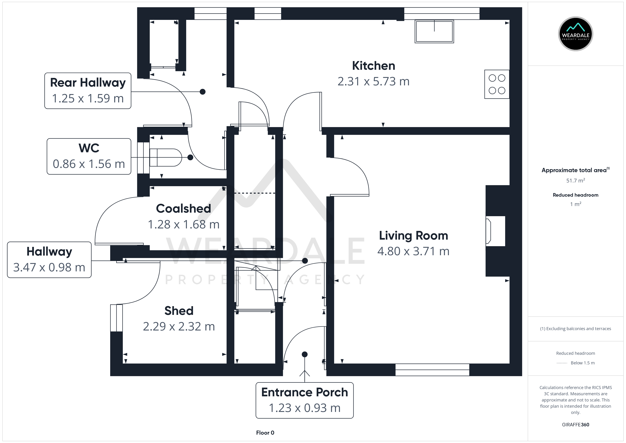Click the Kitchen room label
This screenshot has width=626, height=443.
tap(373, 66)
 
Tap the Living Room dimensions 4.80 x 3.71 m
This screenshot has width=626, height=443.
tap(413, 251)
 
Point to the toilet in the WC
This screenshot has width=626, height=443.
tap(166, 157)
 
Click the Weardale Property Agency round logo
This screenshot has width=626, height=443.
tap(576, 34)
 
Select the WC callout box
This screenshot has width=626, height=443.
tap(89, 156)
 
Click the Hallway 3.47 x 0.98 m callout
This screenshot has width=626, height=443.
tap(49, 260)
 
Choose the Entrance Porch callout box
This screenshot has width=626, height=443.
tap(304, 400)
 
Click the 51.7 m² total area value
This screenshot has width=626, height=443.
tap(576, 180)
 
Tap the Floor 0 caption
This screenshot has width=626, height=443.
tap(265, 433)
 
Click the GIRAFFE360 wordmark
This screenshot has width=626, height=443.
tap(576, 425)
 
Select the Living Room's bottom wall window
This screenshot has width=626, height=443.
tap(432, 370)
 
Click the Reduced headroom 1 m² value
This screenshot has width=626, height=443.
tap(576, 204)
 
